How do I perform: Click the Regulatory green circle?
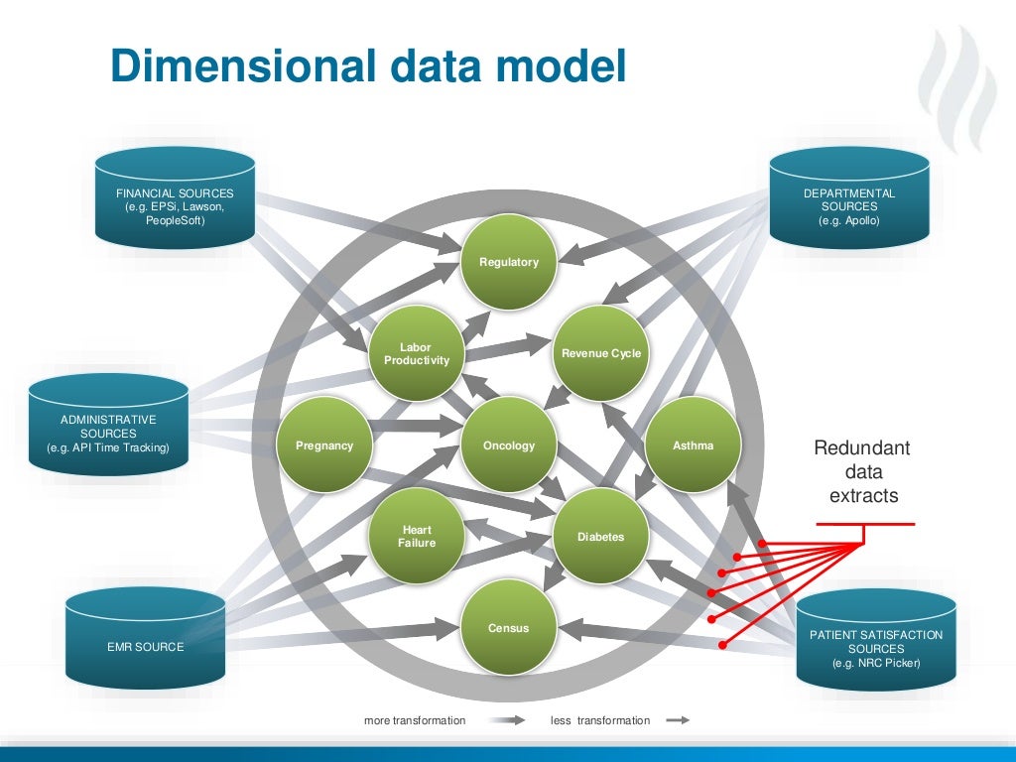pos(509,262)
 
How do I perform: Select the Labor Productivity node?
pos(417,353)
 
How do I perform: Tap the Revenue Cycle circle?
pos(600,352)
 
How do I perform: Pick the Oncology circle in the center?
pos(509,445)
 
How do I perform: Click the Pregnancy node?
pos(324,445)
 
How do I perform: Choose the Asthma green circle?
pos(693,445)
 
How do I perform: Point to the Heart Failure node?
pos(417,536)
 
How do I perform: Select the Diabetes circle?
pos(600,537)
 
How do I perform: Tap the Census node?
pos(509,627)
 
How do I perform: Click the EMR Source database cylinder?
pos(146,635)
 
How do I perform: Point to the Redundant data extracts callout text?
pos(862,471)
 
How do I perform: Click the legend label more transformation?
pos(415,720)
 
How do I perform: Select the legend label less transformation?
pos(600,720)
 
